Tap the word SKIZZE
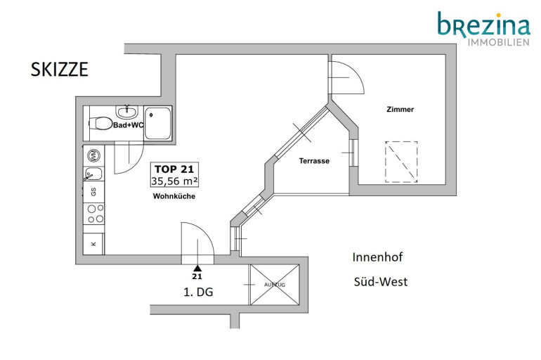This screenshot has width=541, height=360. [60, 70]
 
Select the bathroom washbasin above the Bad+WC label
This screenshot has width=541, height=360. [127, 112]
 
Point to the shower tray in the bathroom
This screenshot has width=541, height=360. [157, 123]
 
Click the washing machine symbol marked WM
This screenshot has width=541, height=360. [93, 155]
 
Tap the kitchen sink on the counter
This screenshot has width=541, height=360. [93, 174]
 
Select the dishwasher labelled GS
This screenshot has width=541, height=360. [93, 192]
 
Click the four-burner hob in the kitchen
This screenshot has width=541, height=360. [96, 214]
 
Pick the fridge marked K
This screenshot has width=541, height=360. [93, 244]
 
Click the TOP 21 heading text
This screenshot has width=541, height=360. [174, 169]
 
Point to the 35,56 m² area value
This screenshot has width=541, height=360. [174, 181]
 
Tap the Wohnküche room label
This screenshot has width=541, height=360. [174, 196]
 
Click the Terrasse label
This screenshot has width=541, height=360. [314, 161]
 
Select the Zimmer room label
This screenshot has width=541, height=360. [400, 110]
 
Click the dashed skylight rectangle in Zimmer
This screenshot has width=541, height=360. [401, 162]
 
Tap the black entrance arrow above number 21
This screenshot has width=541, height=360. [197, 268]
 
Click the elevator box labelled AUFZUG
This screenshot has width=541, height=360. [275, 285]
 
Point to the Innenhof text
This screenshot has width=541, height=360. [377, 257]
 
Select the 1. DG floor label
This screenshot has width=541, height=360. [198, 292]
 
